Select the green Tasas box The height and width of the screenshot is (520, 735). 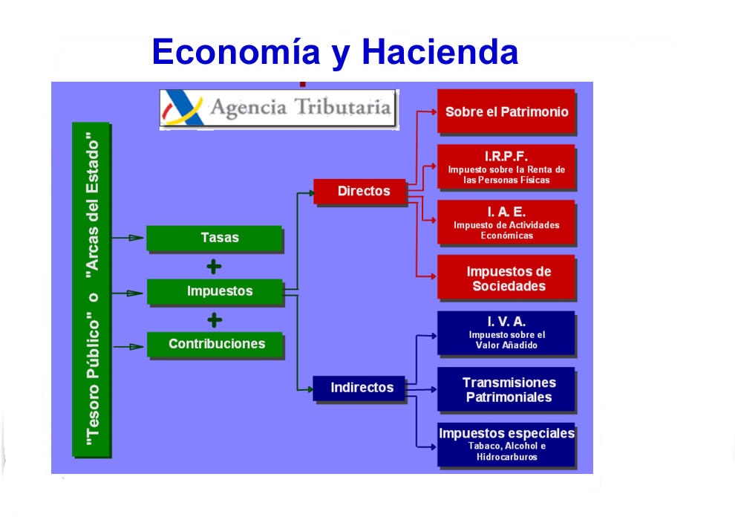point(215,238)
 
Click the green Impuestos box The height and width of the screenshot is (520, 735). point(215,291)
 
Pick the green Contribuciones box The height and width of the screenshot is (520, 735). point(215,344)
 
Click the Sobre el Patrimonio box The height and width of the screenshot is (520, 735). point(506,111)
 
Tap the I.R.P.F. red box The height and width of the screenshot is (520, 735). point(506,167)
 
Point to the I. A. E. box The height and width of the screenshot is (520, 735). point(506,222)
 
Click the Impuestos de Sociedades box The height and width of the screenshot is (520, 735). point(506,279)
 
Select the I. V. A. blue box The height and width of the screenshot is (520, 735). point(506,332)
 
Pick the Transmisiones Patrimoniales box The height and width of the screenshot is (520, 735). point(506,389)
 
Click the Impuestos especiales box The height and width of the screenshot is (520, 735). point(506,444)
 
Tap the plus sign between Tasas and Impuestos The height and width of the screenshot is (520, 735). point(215,266)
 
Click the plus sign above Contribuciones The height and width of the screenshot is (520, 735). point(215,320)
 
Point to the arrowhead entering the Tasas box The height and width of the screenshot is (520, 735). point(137,238)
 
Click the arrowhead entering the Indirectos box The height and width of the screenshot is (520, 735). point(307,388)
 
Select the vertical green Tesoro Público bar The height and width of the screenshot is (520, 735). point(91,290)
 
